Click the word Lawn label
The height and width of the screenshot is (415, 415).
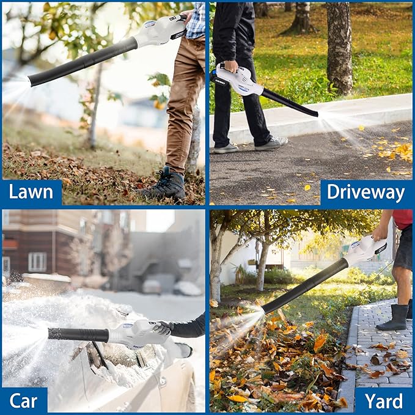click(x=31, y=192)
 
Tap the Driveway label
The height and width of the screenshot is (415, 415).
click(x=365, y=192)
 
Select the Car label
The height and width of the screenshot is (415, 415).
click(x=24, y=400)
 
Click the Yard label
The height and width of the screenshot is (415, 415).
click(x=384, y=400)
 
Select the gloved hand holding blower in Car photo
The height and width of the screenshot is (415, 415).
click(x=163, y=328)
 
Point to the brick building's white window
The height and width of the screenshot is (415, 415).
click(x=37, y=262)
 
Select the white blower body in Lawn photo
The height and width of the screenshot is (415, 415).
click(x=160, y=30)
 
